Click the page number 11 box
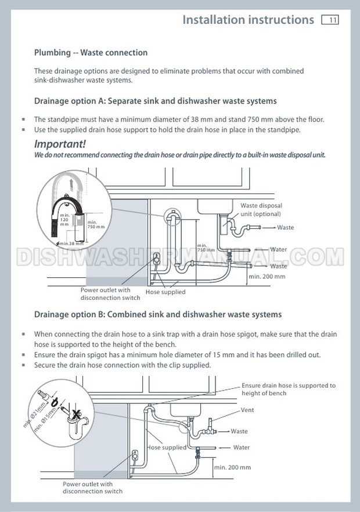(330, 20)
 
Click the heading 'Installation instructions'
(248, 20)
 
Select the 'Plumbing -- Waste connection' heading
(91, 53)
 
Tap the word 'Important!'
(60, 144)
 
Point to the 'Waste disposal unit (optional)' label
(261, 210)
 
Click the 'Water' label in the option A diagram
(278, 249)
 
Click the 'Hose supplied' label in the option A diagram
(165, 292)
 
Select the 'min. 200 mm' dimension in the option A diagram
(267, 277)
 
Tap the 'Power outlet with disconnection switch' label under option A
(110, 293)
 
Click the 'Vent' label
(247, 410)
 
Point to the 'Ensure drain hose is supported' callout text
(289, 389)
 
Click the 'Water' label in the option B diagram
(241, 447)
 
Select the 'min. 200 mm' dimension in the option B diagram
(232, 467)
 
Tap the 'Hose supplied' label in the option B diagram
(167, 447)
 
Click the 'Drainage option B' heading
(157, 314)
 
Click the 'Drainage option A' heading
(155, 101)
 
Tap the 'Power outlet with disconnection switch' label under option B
(92, 488)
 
